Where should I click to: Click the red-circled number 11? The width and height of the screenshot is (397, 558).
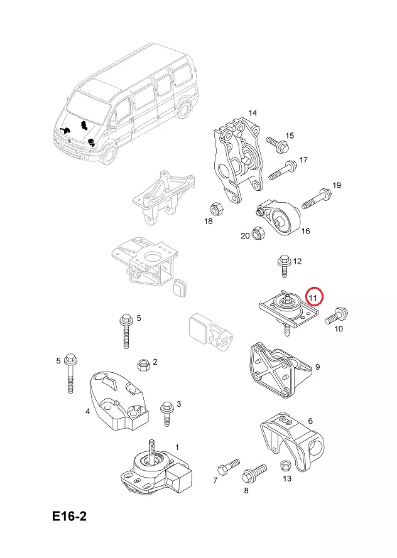click(313, 294)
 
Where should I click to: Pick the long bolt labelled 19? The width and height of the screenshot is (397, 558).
click(316, 198)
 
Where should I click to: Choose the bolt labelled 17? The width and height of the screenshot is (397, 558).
click(283, 170)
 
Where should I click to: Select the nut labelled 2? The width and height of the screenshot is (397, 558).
click(142, 364)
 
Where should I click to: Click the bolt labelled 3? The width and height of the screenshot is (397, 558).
click(166, 412)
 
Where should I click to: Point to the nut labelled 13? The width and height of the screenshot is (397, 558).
click(284, 466)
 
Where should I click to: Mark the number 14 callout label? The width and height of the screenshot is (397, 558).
click(252, 113)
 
